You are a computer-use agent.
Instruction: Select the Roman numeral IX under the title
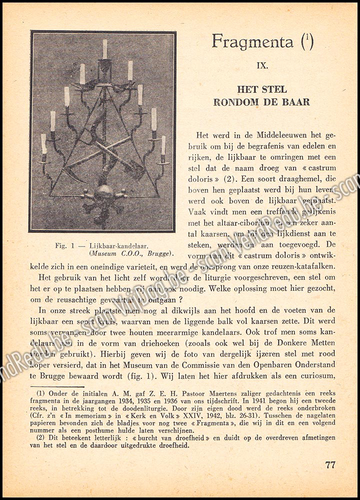[x=262, y=65]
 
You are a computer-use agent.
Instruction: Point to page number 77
[x=330, y=464]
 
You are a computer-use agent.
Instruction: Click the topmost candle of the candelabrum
[x=105, y=48]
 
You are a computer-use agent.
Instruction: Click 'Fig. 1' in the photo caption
[x=63, y=245]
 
